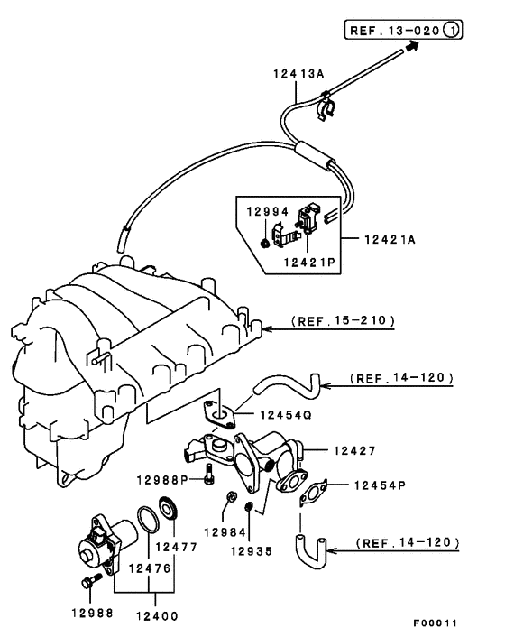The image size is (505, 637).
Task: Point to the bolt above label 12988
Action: pos(88,584)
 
